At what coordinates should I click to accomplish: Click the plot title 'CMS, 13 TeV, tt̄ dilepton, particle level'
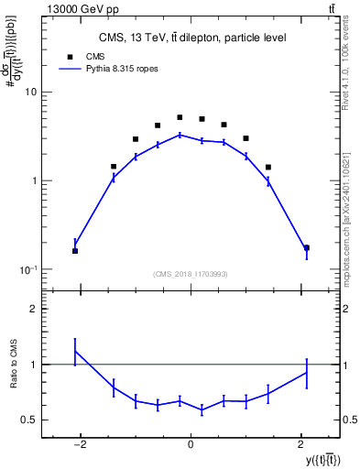point(191,38)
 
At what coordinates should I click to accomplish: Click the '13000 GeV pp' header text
point(48,8)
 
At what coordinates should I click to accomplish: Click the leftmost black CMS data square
point(75,251)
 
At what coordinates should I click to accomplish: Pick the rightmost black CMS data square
point(307,247)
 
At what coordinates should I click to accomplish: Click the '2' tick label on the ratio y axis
point(34,310)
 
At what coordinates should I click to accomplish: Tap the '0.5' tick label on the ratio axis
point(29,420)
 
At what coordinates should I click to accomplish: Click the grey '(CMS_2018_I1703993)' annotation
point(191,274)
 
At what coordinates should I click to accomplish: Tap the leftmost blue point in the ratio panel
point(75,351)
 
